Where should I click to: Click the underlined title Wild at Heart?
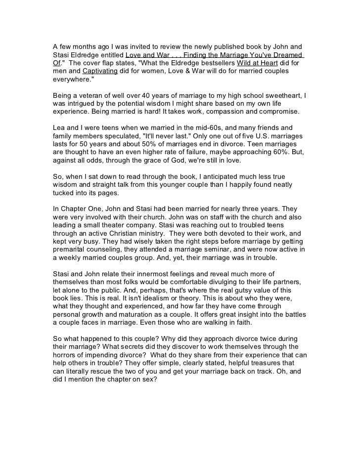pyautogui.click(x=264, y=63)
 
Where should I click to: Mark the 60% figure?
pyautogui.click(x=270, y=152)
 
